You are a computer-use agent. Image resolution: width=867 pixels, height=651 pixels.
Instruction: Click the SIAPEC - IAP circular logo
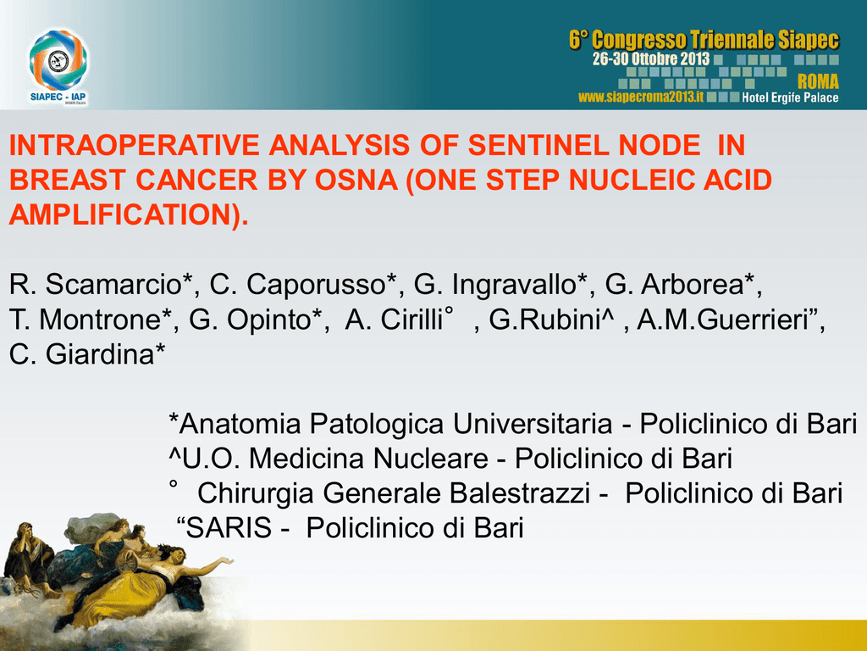pyautogui.click(x=58, y=60)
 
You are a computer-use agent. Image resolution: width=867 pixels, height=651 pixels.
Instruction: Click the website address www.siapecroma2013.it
pyautogui.click(x=641, y=97)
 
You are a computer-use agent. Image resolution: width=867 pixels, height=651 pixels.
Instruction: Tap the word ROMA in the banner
pyautogui.click(x=818, y=82)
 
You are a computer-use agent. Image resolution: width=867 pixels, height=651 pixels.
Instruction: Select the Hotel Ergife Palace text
pyautogui.click(x=790, y=98)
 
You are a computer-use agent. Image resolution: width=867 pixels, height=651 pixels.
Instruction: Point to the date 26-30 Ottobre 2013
pyautogui.click(x=651, y=58)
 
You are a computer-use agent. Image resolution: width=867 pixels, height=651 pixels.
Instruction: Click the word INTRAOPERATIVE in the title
pyautogui.click(x=135, y=145)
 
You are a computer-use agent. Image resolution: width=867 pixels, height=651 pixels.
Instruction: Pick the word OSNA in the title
pyautogui.click(x=356, y=180)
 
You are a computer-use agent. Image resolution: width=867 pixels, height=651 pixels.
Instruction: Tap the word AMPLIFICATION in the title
pyautogui.click(x=119, y=214)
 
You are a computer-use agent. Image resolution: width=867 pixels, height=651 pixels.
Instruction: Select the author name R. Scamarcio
pyautogui.click(x=96, y=285)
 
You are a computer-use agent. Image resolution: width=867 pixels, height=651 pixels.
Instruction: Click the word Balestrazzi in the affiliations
pyautogui.click(x=521, y=493)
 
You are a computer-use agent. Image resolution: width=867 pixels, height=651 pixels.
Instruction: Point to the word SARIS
pyautogui.click(x=229, y=528)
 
